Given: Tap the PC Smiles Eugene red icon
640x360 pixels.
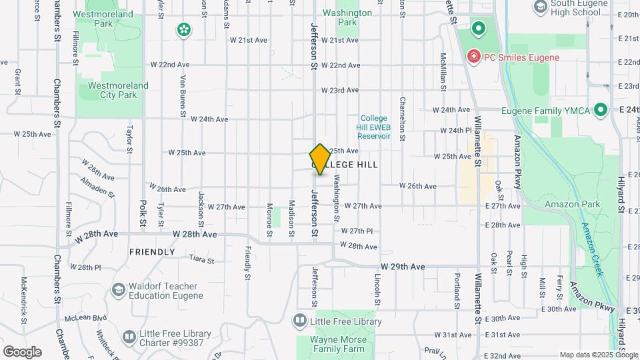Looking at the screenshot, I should click(474, 57).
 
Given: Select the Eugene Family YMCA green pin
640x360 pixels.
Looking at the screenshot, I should click(600, 109).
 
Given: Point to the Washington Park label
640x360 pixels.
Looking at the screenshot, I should click(347, 17).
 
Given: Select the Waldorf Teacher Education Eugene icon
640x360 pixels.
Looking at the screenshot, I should click(119, 289).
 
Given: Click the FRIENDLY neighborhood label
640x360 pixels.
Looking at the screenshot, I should click(152, 252).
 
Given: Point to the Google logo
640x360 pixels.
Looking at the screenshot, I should click(22, 352).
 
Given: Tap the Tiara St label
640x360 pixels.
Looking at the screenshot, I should click(201, 260).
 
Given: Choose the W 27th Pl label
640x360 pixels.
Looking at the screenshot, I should click(357, 231).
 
